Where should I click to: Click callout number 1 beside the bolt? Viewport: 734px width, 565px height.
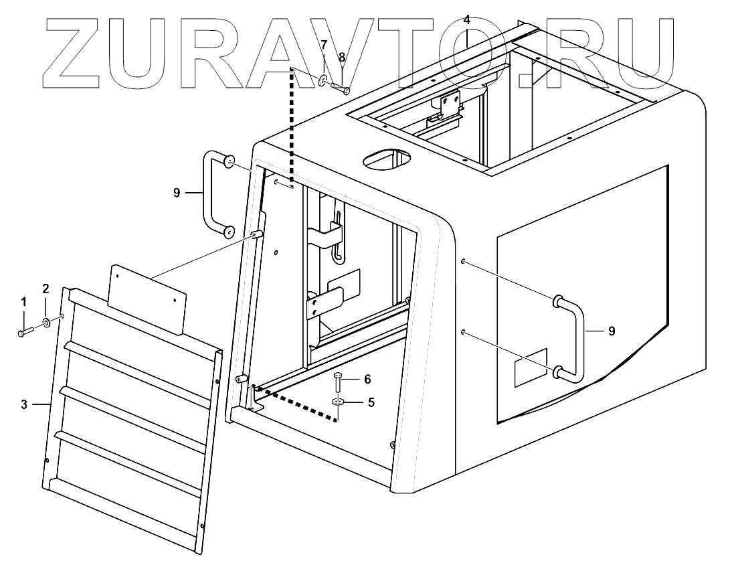(23, 303)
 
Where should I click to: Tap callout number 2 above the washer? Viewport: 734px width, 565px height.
(45, 289)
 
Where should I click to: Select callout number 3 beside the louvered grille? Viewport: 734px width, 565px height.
(23, 404)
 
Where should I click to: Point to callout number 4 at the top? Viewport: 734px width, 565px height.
(466, 19)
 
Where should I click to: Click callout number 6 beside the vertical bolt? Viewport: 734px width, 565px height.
(367, 379)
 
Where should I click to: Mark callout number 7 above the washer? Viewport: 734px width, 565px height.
(323, 46)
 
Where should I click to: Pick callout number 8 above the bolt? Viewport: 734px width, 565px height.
(341, 58)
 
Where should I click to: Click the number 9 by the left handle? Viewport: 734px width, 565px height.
(177, 193)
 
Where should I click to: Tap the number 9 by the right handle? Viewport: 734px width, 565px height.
(612, 331)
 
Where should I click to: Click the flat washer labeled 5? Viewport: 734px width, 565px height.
(338, 402)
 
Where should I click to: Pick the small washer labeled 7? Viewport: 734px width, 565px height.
(323, 81)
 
